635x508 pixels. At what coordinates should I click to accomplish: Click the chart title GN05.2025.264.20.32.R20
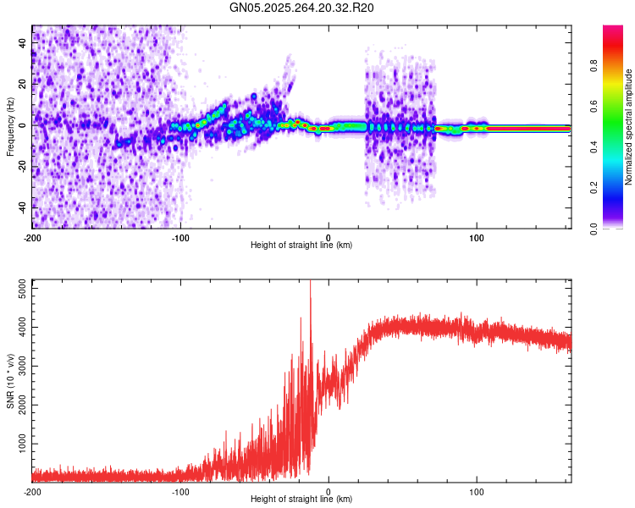click(x=302, y=8)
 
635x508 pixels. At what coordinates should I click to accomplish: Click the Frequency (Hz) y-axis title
click(x=11, y=125)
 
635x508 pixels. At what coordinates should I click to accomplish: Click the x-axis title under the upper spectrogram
click(x=301, y=246)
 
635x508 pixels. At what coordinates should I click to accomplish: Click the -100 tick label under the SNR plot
click(x=180, y=491)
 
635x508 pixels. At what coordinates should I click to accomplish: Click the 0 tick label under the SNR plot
click(x=329, y=491)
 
